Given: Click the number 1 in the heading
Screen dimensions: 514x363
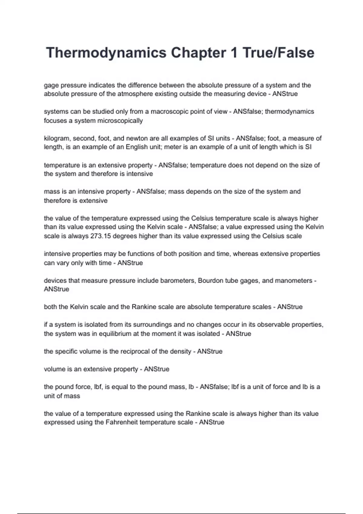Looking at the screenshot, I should click(234, 53).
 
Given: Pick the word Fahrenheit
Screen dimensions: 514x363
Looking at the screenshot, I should click(122, 422).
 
